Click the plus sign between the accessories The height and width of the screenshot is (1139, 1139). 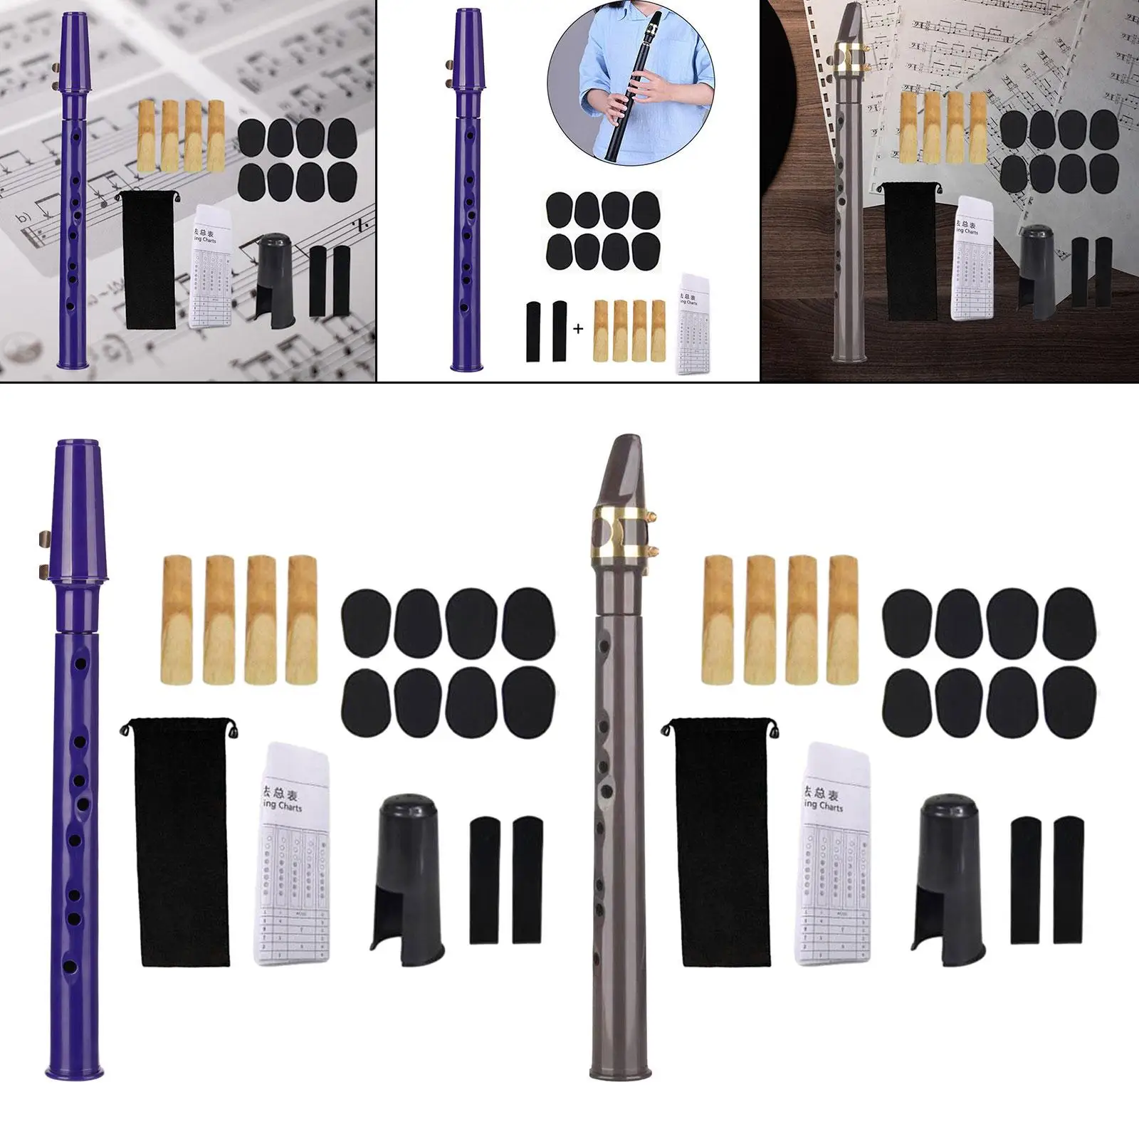578,329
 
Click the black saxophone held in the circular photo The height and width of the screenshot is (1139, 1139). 634,100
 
